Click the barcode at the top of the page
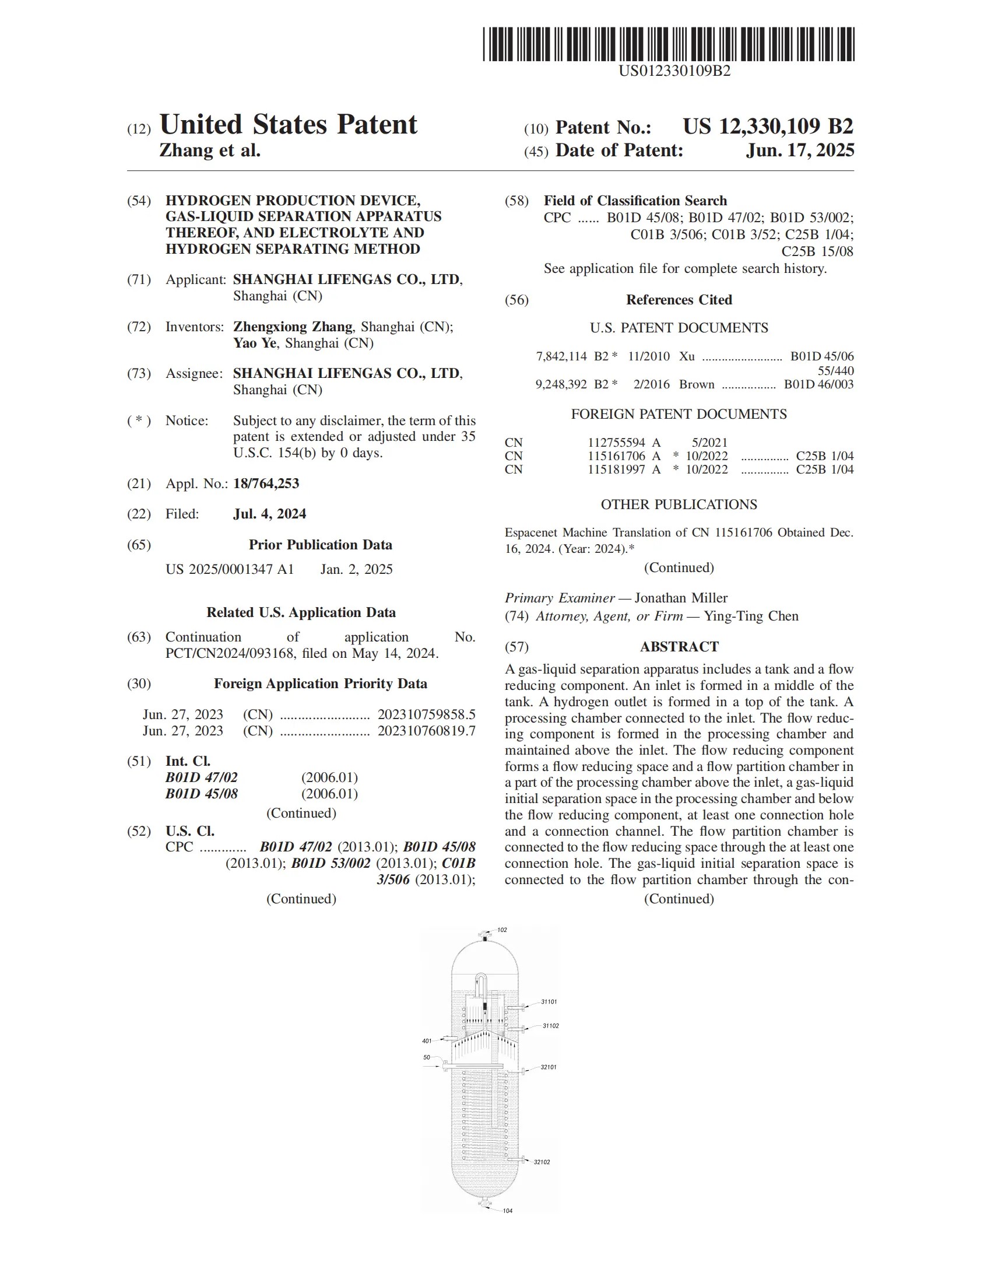(668, 44)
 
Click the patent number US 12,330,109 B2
(768, 127)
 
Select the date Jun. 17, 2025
(800, 150)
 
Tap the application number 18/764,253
(266, 483)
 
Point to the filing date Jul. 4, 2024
(269, 514)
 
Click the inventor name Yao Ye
(255, 343)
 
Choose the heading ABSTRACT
(679, 647)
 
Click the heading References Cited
(679, 300)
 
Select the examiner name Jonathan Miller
(681, 598)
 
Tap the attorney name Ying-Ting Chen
(751, 616)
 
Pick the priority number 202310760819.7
(426, 731)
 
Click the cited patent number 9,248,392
(561, 385)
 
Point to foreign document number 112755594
(616, 443)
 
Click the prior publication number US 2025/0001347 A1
(230, 569)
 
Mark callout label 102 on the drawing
(502, 930)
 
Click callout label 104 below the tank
(508, 1211)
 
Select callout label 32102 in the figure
(542, 1162)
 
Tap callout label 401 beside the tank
(427, 1041)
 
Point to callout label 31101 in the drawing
(549, 1001)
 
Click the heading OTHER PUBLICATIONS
(679, 504)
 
